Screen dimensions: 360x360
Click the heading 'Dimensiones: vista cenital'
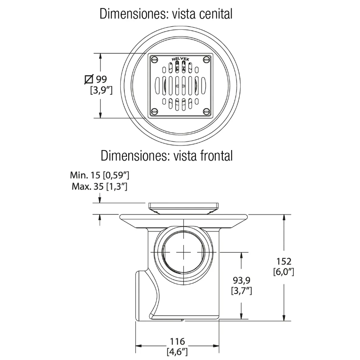pos(166,14)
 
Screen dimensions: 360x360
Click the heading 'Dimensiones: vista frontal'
pos(166,155)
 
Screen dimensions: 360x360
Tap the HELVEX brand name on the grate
pos(180,60)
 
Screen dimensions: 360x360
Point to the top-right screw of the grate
pos(206,59)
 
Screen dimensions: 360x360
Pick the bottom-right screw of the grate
pos(206,112)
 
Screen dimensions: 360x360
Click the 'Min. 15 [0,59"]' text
pos(100,176)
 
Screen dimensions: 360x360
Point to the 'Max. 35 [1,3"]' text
pos(100,186)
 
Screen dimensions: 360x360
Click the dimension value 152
pos(284,261)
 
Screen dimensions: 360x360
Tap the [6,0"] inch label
pos(284,272)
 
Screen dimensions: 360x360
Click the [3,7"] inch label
pos(242,291)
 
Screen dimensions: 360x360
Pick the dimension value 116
pos(178,341)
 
